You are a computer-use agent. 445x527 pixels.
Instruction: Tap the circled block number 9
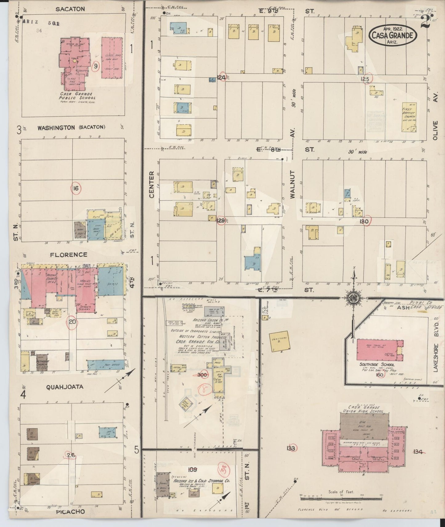tap(96, 66)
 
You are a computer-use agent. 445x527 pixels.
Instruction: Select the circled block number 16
tap(75, 188)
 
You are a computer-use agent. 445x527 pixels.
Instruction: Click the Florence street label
tap(69, 255)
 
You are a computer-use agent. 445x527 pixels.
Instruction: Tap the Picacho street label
tap(71, 512)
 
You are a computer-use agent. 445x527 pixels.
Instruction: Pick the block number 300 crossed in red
tap(202, 375)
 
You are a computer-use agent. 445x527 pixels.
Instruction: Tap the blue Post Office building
tap(106, 365)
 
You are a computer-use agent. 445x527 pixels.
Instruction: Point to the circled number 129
tap(221, 221)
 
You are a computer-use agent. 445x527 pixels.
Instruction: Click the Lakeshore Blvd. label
tap(436, 348)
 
